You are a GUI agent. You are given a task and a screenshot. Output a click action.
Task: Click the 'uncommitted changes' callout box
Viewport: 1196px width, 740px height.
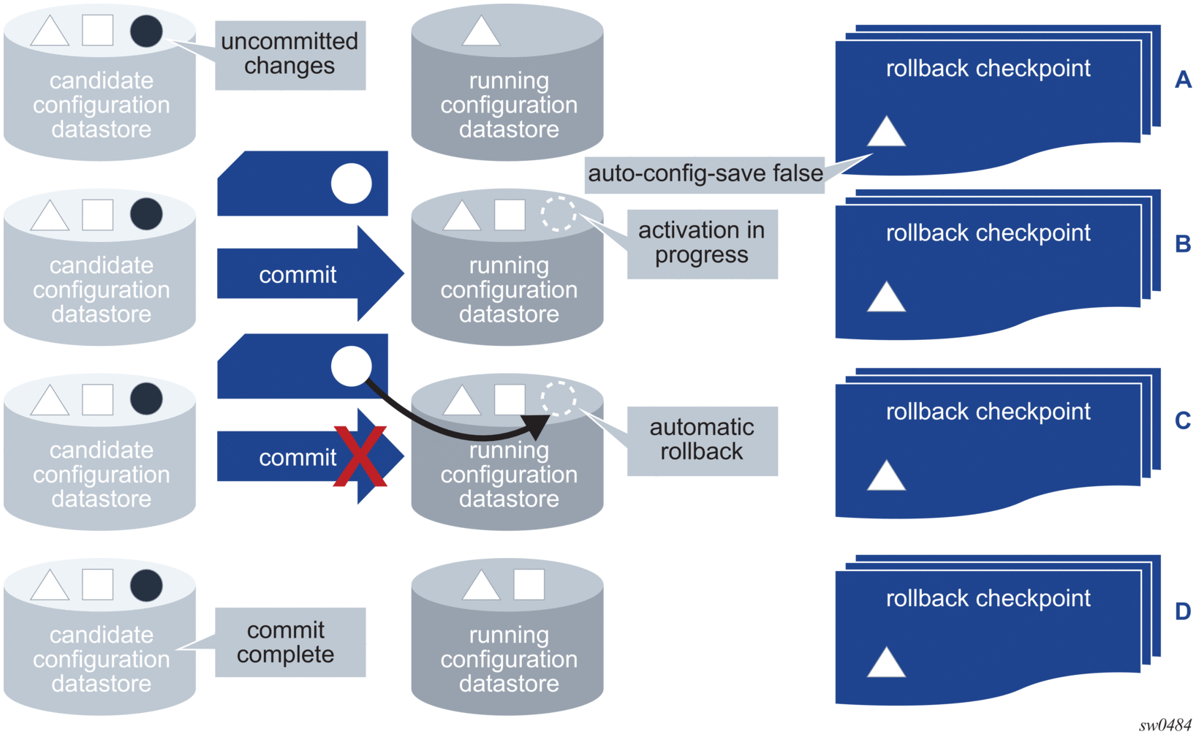tap(290, 55)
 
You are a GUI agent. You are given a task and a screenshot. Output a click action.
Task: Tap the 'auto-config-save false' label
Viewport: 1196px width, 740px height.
tap(705, 174)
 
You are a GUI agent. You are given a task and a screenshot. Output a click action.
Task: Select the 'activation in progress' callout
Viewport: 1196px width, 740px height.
tap(702, 244)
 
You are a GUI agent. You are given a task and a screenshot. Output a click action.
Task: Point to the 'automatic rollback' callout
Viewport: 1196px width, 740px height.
tap(702, 441)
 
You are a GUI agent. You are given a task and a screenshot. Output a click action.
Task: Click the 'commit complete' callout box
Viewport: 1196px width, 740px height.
tap(290, 642)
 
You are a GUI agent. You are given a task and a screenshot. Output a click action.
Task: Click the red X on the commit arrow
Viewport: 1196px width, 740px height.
tap(360, 456)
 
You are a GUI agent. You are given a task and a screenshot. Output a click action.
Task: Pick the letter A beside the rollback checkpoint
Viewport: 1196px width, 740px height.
tap(1183, 80)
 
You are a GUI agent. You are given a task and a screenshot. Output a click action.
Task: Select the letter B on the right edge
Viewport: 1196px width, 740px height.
tap(1183, 244)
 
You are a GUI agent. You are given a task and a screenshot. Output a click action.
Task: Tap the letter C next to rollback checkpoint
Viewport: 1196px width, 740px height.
tap(1183, 420)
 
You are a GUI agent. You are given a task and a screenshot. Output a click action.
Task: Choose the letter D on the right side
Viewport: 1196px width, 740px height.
tap(1183, 611)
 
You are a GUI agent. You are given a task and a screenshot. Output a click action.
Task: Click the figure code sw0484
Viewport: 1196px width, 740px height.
tap(1165, 725)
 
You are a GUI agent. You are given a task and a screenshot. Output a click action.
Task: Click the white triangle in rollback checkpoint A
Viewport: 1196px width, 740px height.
tap(886, 131)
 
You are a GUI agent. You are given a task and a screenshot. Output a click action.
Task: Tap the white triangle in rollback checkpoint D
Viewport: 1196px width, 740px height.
tap(886, 662)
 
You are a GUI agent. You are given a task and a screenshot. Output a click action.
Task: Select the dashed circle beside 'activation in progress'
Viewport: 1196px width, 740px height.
tap(559, 214)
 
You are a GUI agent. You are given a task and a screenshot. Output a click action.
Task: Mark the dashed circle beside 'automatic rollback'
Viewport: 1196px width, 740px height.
tap(559, 399)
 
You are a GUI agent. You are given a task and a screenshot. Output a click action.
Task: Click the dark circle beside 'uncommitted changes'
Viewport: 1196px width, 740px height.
tap(146, 31)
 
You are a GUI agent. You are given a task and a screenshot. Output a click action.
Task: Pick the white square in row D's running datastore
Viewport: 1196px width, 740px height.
tap(529, 584)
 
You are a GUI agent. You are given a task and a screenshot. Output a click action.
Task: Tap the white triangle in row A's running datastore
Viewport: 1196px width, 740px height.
tap(481, 31)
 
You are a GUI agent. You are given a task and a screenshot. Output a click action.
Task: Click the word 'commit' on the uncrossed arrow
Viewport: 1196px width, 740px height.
tap(298, 275)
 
